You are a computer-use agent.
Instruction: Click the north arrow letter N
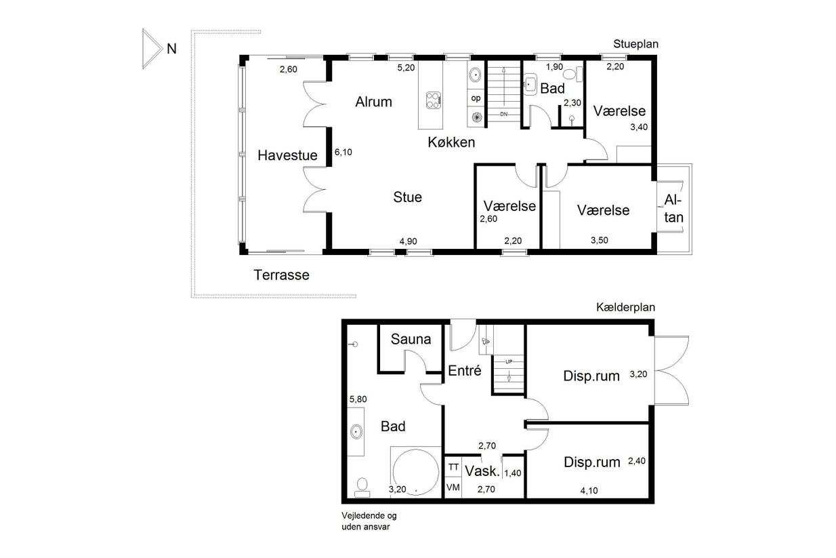point(171,49)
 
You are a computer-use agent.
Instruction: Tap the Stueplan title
point(635,44)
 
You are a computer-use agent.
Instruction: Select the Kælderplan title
point(625,307)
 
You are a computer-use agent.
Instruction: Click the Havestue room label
point(287,155)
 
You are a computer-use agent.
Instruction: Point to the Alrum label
point(373,102)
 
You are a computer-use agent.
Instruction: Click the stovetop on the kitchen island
point(434,100)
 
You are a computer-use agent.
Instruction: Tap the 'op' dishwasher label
point(476,98)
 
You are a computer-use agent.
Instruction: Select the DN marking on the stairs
point(504,114)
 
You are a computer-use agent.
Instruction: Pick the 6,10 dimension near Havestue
point(343,152)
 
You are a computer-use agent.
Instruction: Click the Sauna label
point(411,339)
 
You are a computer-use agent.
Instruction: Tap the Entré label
point(465,370)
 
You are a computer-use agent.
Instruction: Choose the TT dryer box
point(453,467)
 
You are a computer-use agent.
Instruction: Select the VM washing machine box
point(453,487)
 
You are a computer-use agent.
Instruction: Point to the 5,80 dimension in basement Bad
point(358,399)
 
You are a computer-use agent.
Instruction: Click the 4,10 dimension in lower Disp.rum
point(589,490)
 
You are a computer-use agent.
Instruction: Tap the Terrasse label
point(281,275)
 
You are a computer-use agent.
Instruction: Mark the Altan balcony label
point(673,209)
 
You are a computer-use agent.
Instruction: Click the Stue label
point(408,197)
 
